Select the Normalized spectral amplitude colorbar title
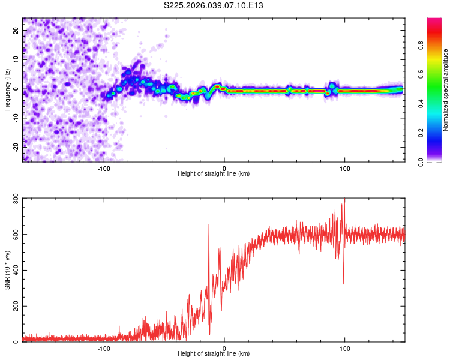446,90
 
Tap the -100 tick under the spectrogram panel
104,168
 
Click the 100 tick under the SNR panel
345,348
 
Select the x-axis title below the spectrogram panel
214,174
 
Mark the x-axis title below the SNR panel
214,354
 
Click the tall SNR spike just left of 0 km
209,225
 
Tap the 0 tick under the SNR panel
224,348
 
